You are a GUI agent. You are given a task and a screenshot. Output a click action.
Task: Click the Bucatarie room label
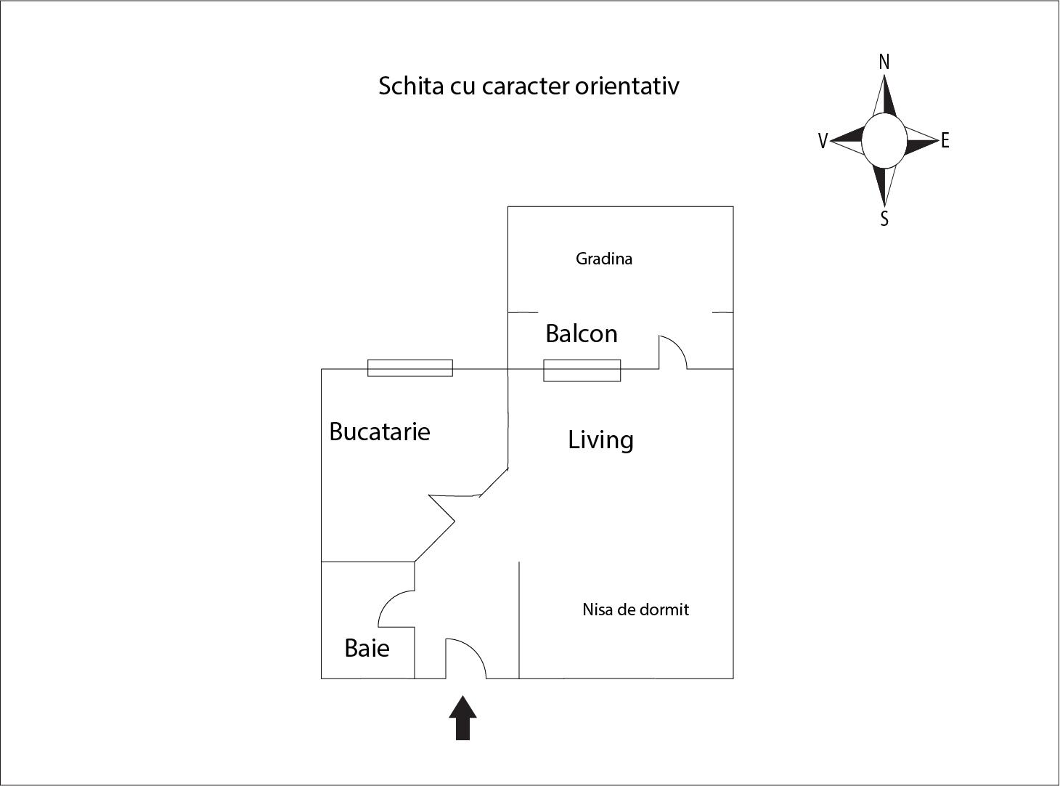(380, 431)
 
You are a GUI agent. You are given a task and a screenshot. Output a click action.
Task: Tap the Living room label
(600, 439)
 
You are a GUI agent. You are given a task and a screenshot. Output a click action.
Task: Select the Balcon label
(582, 333)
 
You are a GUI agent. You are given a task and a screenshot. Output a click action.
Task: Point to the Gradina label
(604, 259)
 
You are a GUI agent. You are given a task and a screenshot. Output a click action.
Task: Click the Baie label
(367, 648)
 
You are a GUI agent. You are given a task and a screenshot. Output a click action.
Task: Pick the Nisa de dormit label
(635, 609)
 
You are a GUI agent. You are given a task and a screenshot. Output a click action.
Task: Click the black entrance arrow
(462, 718)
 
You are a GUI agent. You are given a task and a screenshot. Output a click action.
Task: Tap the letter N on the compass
(884, 62)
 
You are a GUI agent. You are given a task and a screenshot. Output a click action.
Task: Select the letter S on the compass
(884, 219)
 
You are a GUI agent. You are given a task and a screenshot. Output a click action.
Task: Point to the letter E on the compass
(945, 141)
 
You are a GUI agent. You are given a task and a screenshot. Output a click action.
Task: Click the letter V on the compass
(823, 141)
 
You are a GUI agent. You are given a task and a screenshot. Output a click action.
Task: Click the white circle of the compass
(884, 141)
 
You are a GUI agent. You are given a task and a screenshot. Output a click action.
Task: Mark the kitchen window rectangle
(410, 368)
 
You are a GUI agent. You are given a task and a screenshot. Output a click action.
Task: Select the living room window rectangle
(582, 370)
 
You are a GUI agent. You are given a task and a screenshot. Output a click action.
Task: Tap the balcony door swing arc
(673, 352)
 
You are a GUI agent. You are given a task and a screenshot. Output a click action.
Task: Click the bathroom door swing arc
(396, 609)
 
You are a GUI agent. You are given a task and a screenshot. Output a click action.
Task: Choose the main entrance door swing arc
(466, 658)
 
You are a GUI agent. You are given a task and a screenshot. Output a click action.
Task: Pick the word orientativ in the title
(627, 86)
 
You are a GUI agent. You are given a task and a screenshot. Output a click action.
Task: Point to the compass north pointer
(884, 96)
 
